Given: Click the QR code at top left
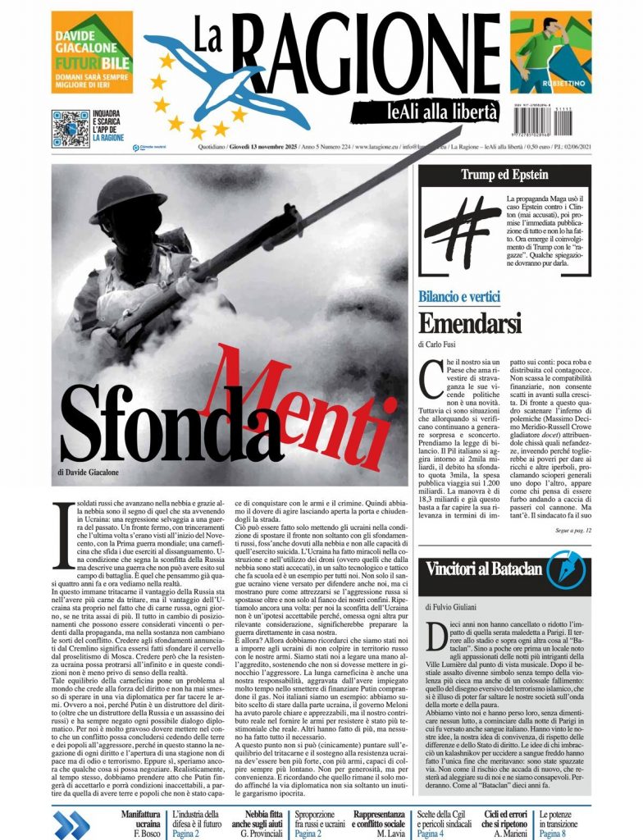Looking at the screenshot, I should [x=70, y=128].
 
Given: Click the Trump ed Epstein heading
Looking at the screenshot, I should [x=504, y=175].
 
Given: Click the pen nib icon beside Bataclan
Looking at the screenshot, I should [x=565, y=565].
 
